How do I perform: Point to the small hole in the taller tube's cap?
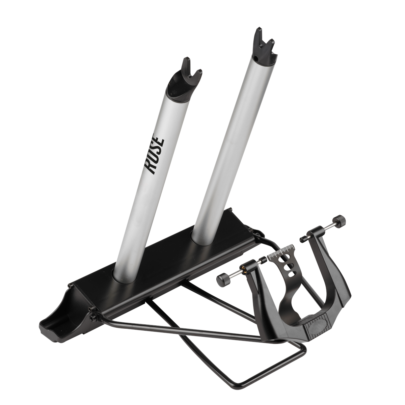[255, 57]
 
